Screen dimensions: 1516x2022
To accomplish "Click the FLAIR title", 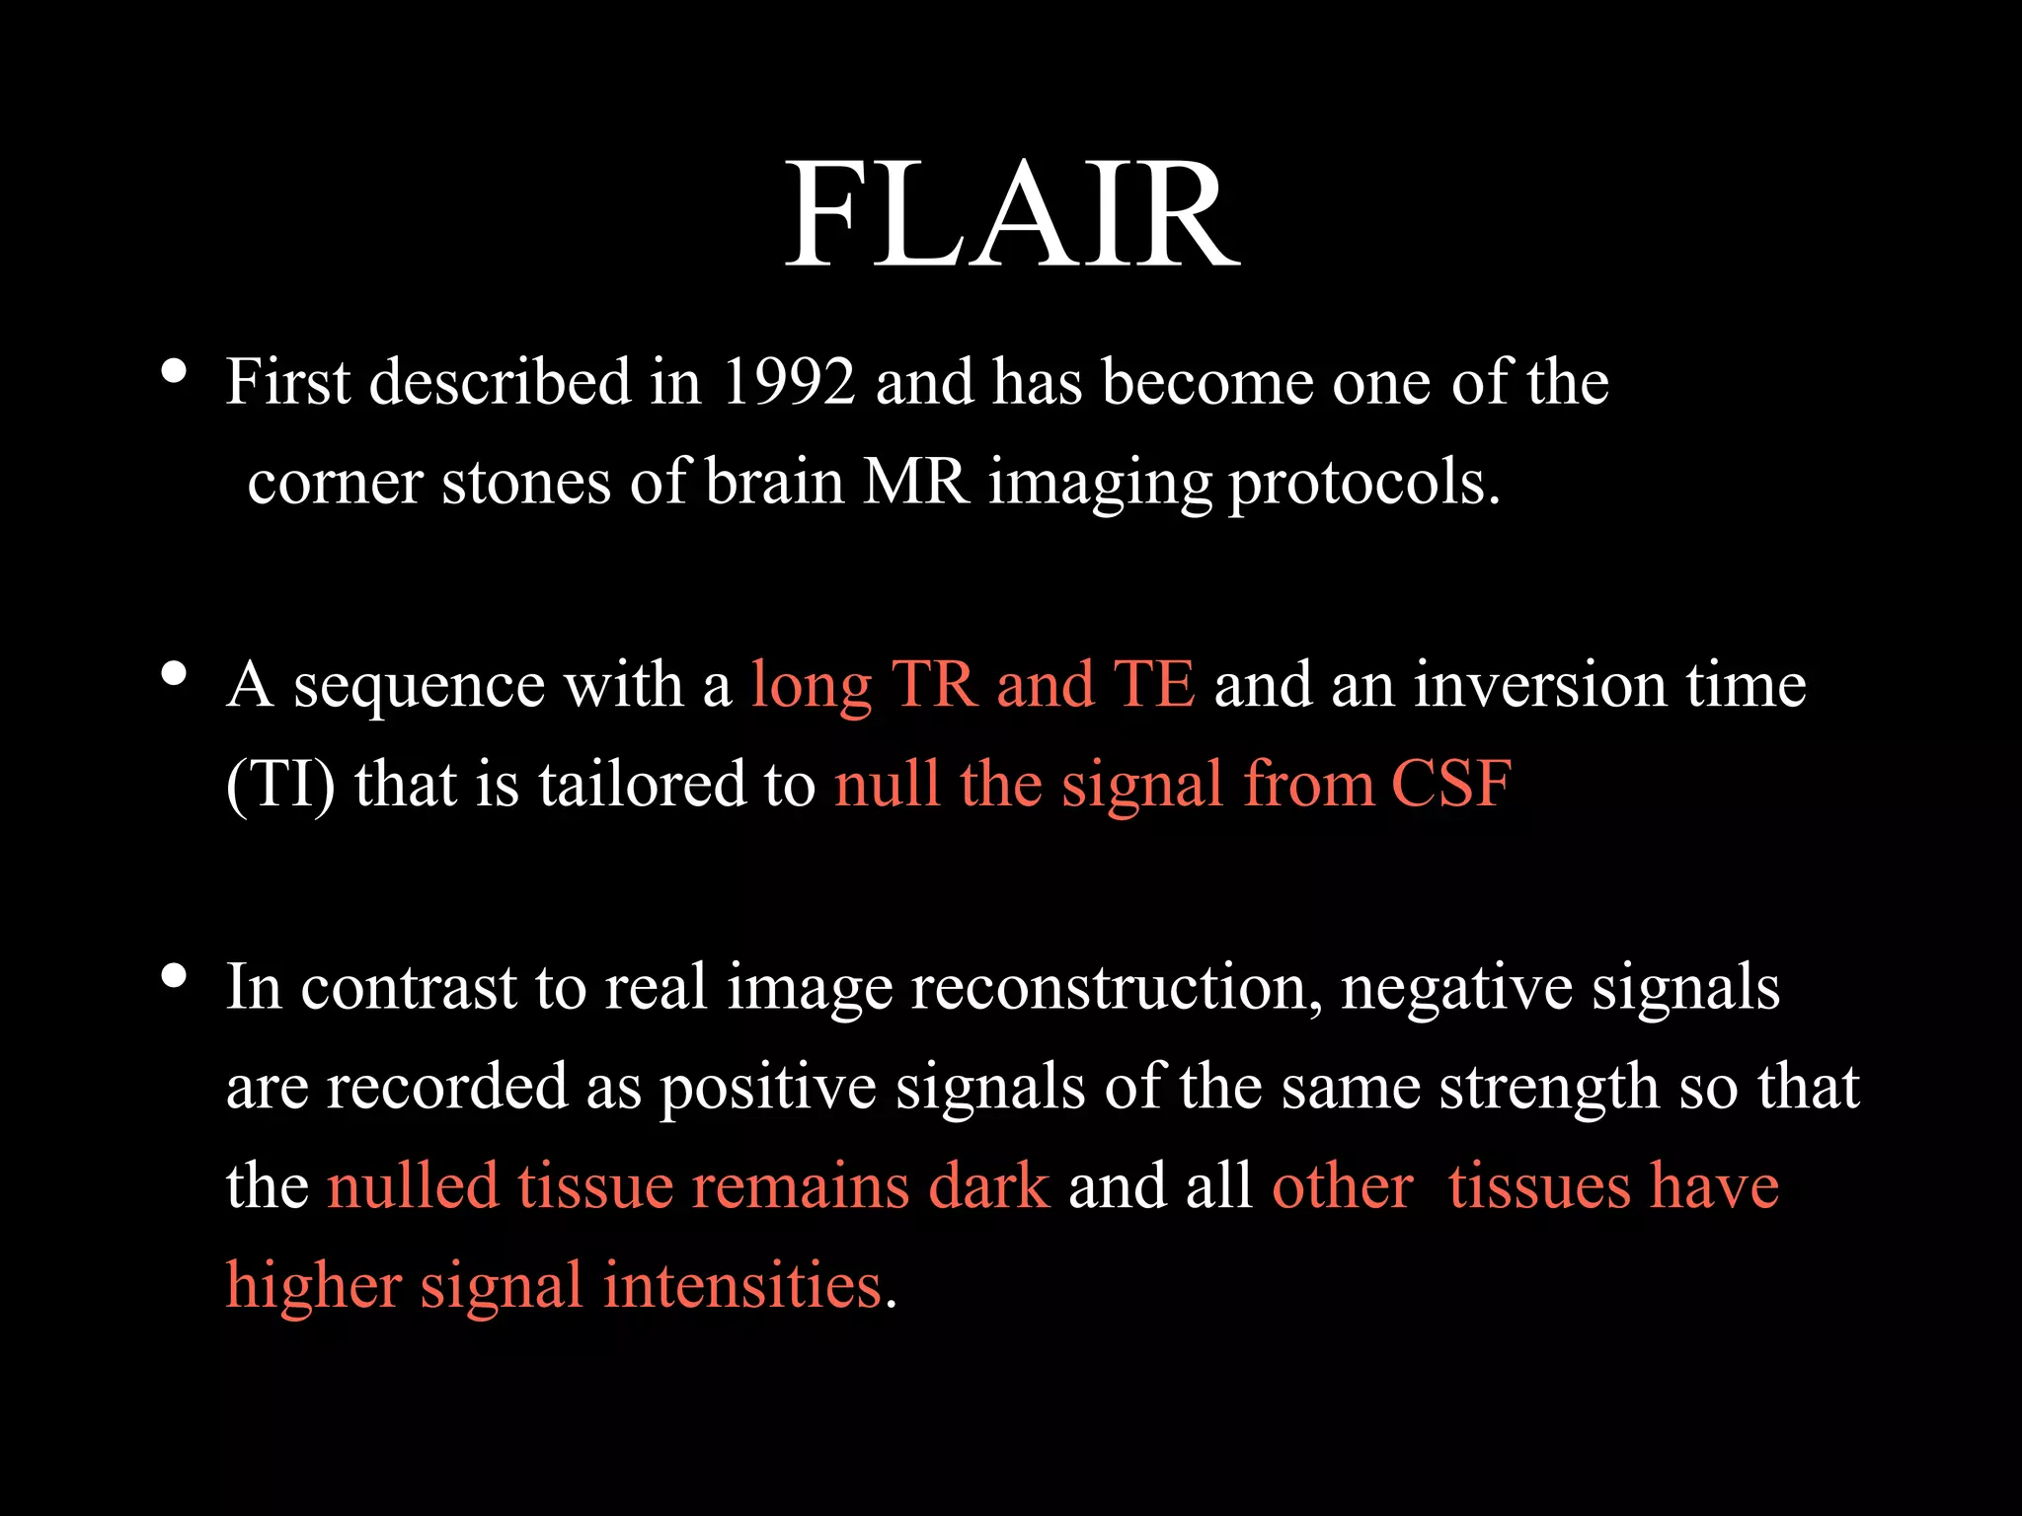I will (x=1012, y=216).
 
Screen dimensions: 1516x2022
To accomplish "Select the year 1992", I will (x=789, y=382).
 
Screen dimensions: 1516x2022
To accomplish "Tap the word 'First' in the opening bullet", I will (x=287, y=382).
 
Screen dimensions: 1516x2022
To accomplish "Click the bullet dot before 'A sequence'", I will (x=174, y=673).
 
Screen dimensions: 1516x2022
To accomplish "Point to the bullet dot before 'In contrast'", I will (x=174, y=975).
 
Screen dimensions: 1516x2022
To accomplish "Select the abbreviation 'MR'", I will (x=915, y=483).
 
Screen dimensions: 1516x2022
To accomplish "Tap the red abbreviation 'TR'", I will (x=933, y=684).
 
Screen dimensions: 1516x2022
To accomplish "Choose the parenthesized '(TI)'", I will (x=280, y=786).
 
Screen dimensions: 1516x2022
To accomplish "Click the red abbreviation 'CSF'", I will (x=1451, y=786).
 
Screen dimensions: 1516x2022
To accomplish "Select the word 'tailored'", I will (x=642, y=786).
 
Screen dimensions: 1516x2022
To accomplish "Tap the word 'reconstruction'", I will (x=1116, y=987).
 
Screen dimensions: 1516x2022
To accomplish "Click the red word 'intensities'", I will (x=742, y=1287).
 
